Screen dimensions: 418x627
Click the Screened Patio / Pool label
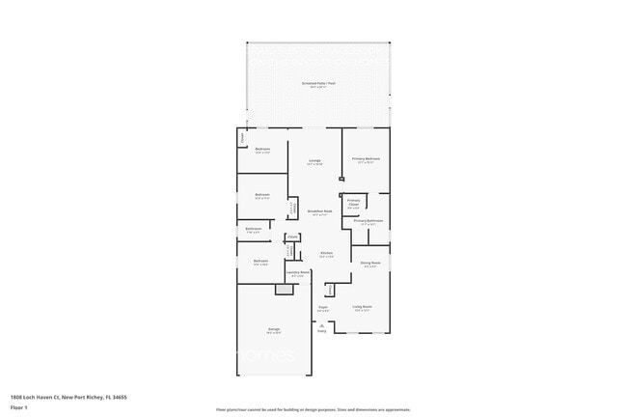click(317, 84)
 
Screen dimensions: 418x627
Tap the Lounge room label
click(314, 160)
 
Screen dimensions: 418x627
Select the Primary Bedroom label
click(366, 158)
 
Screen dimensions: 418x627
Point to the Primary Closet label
click(353, 202)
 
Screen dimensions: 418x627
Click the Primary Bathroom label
click(368, 221)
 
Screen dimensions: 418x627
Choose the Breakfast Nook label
click(320, 211)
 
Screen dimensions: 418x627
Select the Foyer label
click(323, 308)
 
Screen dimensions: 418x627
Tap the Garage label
click(274, 330)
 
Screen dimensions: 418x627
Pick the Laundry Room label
click(298, 273)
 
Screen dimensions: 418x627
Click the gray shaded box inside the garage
click(284, 289)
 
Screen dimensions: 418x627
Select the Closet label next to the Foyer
click(330, 289)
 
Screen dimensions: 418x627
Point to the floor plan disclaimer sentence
click(313, 409)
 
